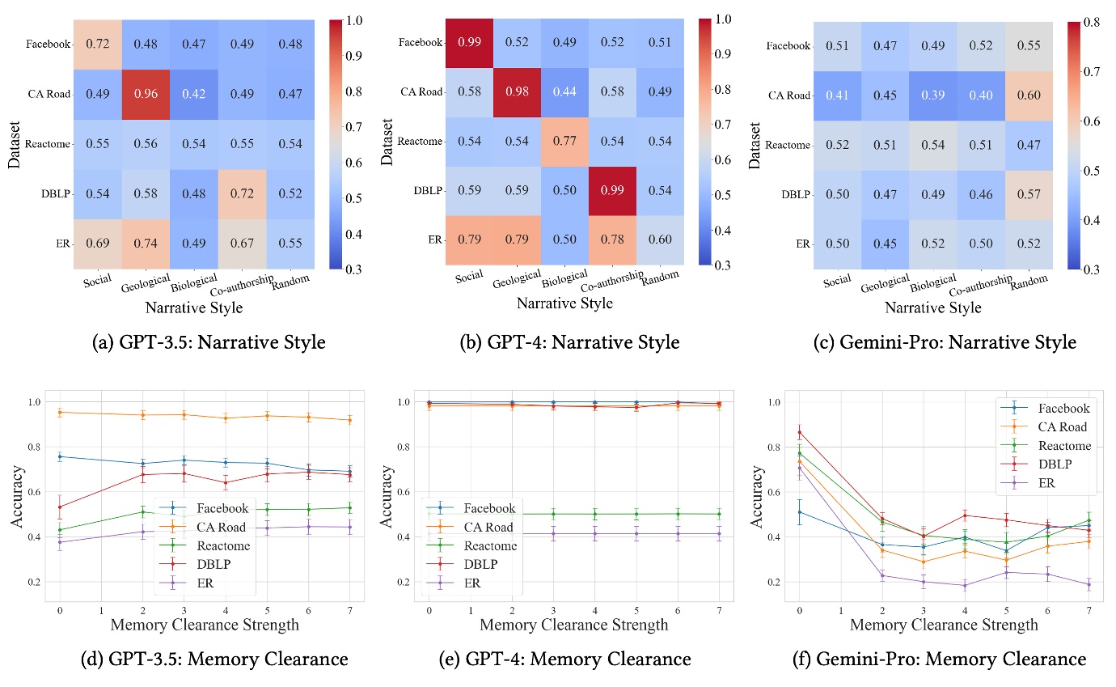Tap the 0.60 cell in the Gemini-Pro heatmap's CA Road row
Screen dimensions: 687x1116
[1030, 95]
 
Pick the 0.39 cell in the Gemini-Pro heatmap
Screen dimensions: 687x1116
[933, 95]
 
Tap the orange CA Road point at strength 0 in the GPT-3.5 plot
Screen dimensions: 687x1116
[60, 412]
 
